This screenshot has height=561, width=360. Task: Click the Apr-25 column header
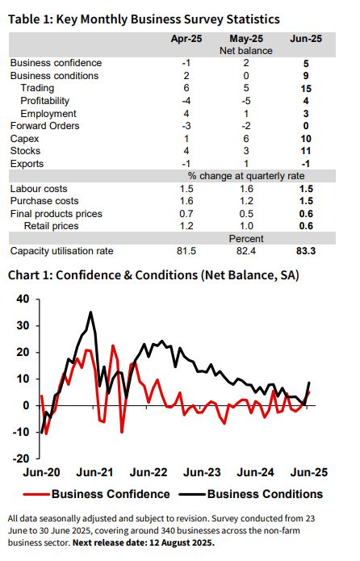[186, 39]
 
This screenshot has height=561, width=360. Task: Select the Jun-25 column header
[306, 39]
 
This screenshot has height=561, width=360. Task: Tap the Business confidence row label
[56, 63]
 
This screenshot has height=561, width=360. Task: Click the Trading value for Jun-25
[306, 88]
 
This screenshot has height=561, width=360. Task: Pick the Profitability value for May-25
[246, 101]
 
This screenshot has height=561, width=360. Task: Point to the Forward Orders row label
[44, 126]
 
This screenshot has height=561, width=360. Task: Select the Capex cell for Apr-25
[186, 139]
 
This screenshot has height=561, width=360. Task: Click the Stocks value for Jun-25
[306, 151]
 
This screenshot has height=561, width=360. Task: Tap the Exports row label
[27, 164]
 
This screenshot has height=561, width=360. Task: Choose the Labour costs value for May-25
[246, 189]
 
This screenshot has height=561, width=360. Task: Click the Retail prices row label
[51, 226]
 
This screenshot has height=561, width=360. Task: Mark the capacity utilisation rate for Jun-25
[306, 251]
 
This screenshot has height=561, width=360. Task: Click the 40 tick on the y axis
[23, 299]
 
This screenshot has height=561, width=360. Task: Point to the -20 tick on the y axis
[21, 458]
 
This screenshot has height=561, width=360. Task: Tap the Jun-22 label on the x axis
[149, 472]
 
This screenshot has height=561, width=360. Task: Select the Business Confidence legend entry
[97, 494]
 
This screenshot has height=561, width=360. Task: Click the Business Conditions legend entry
[251, 494]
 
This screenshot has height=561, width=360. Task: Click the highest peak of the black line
[90, 312]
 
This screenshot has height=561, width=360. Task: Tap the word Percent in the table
[246, 239]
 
